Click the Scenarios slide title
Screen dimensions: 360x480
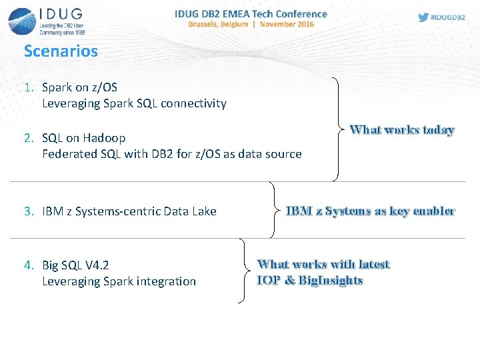(61, 51)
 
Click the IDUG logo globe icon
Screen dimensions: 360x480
(22, 21)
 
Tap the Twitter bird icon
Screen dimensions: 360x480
(423, 17)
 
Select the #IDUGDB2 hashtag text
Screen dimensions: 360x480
(449, 17)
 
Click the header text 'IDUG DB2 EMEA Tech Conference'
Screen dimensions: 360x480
(251, 13)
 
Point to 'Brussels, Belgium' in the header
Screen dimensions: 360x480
(218, 24)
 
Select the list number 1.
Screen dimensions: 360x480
(29, 87)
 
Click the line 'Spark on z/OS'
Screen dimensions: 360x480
(79, 87)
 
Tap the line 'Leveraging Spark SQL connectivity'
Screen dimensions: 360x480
(134, 103)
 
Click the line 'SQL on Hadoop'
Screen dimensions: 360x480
(83, 138)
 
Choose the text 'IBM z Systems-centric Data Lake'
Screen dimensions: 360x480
(129, 211)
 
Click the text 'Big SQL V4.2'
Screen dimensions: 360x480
(75, 265)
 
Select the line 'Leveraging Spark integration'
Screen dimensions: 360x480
(119, 281)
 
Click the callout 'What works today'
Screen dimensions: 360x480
(402, 130)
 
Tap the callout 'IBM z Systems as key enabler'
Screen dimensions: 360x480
(370, 211)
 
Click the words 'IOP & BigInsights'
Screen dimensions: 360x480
(310, 281)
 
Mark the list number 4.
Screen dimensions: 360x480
(29, 265)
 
